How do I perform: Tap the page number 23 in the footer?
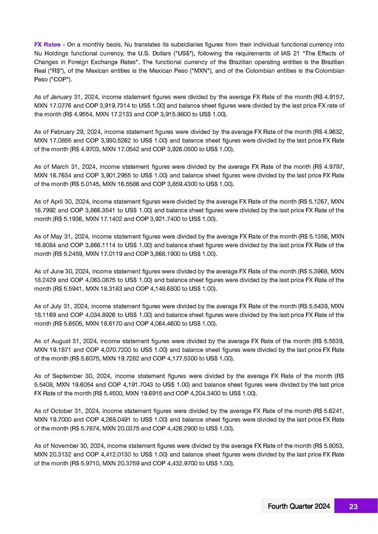(353, 506)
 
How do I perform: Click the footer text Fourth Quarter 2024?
(299, 506)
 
